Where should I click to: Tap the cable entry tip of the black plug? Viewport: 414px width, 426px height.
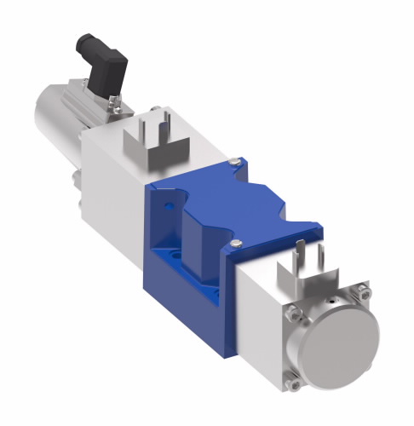click(x=84, y=39)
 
